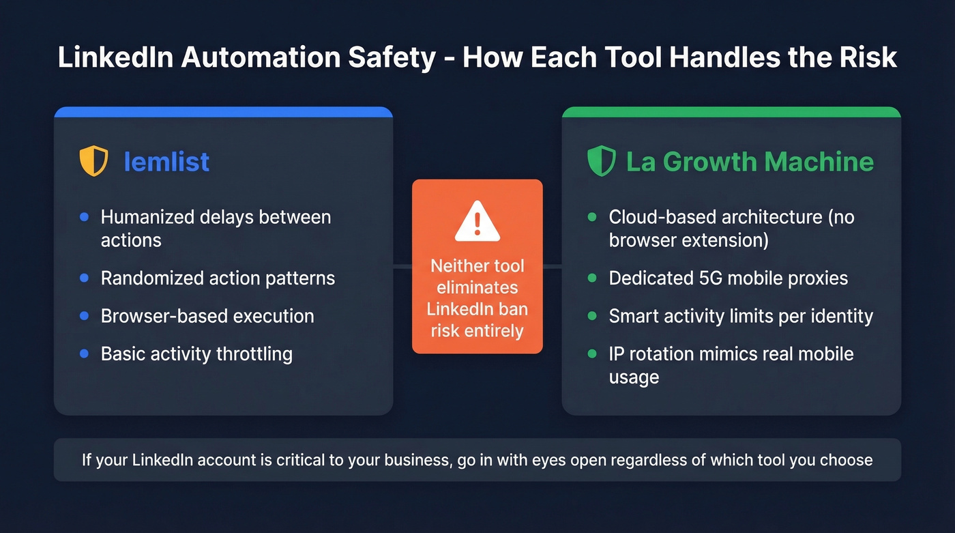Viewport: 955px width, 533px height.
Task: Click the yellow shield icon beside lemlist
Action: [x=93, y=162]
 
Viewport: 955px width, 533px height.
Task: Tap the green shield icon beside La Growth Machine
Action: [x=601, y=162]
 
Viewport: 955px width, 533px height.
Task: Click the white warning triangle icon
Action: [x=477, y=221]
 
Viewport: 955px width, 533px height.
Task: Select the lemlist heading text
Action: [x=166, y=162]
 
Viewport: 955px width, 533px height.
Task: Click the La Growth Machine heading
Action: [x=750, y=162]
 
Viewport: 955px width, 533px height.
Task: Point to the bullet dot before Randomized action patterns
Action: [x=84, y=278]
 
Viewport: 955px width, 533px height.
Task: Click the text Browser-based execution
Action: [x=207, y=316]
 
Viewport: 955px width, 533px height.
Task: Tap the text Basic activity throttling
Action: [x=196, y=354]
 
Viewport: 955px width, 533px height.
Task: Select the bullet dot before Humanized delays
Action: [x=84, y=217]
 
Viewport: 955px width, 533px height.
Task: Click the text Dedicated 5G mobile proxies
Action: [x=728, y=278]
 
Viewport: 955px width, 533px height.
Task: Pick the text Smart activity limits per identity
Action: [x=741, y=316]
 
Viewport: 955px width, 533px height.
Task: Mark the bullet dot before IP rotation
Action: [x=591, y=354]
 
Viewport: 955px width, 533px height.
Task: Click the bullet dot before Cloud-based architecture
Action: [x=591, y=217]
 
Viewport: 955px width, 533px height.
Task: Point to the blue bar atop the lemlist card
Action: [x=223, y=111]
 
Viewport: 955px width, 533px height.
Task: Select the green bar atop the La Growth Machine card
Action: [x=731, y=111]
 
